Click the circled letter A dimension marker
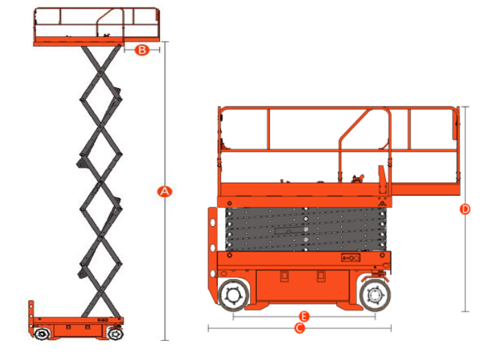click(165, 192)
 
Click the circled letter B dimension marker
click(142, 49)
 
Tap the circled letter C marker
click(299, 328)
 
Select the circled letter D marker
click(465, 210)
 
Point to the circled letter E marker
click(304, 316)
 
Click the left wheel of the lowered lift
click(233, 295)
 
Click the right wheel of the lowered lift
click(375, 295)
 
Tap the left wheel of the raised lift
click(41, 334)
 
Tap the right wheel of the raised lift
click(115, 333)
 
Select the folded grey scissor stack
click(306, 229)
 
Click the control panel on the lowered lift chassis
click(351, 258)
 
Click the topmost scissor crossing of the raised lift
click(100, 72)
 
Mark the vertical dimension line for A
click(165, 191)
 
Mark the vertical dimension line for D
click(466, 209)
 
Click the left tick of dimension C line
click(209, 328)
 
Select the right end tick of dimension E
click(375, 316)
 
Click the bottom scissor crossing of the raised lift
click(100, 291)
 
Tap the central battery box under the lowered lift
click(303, 285)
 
